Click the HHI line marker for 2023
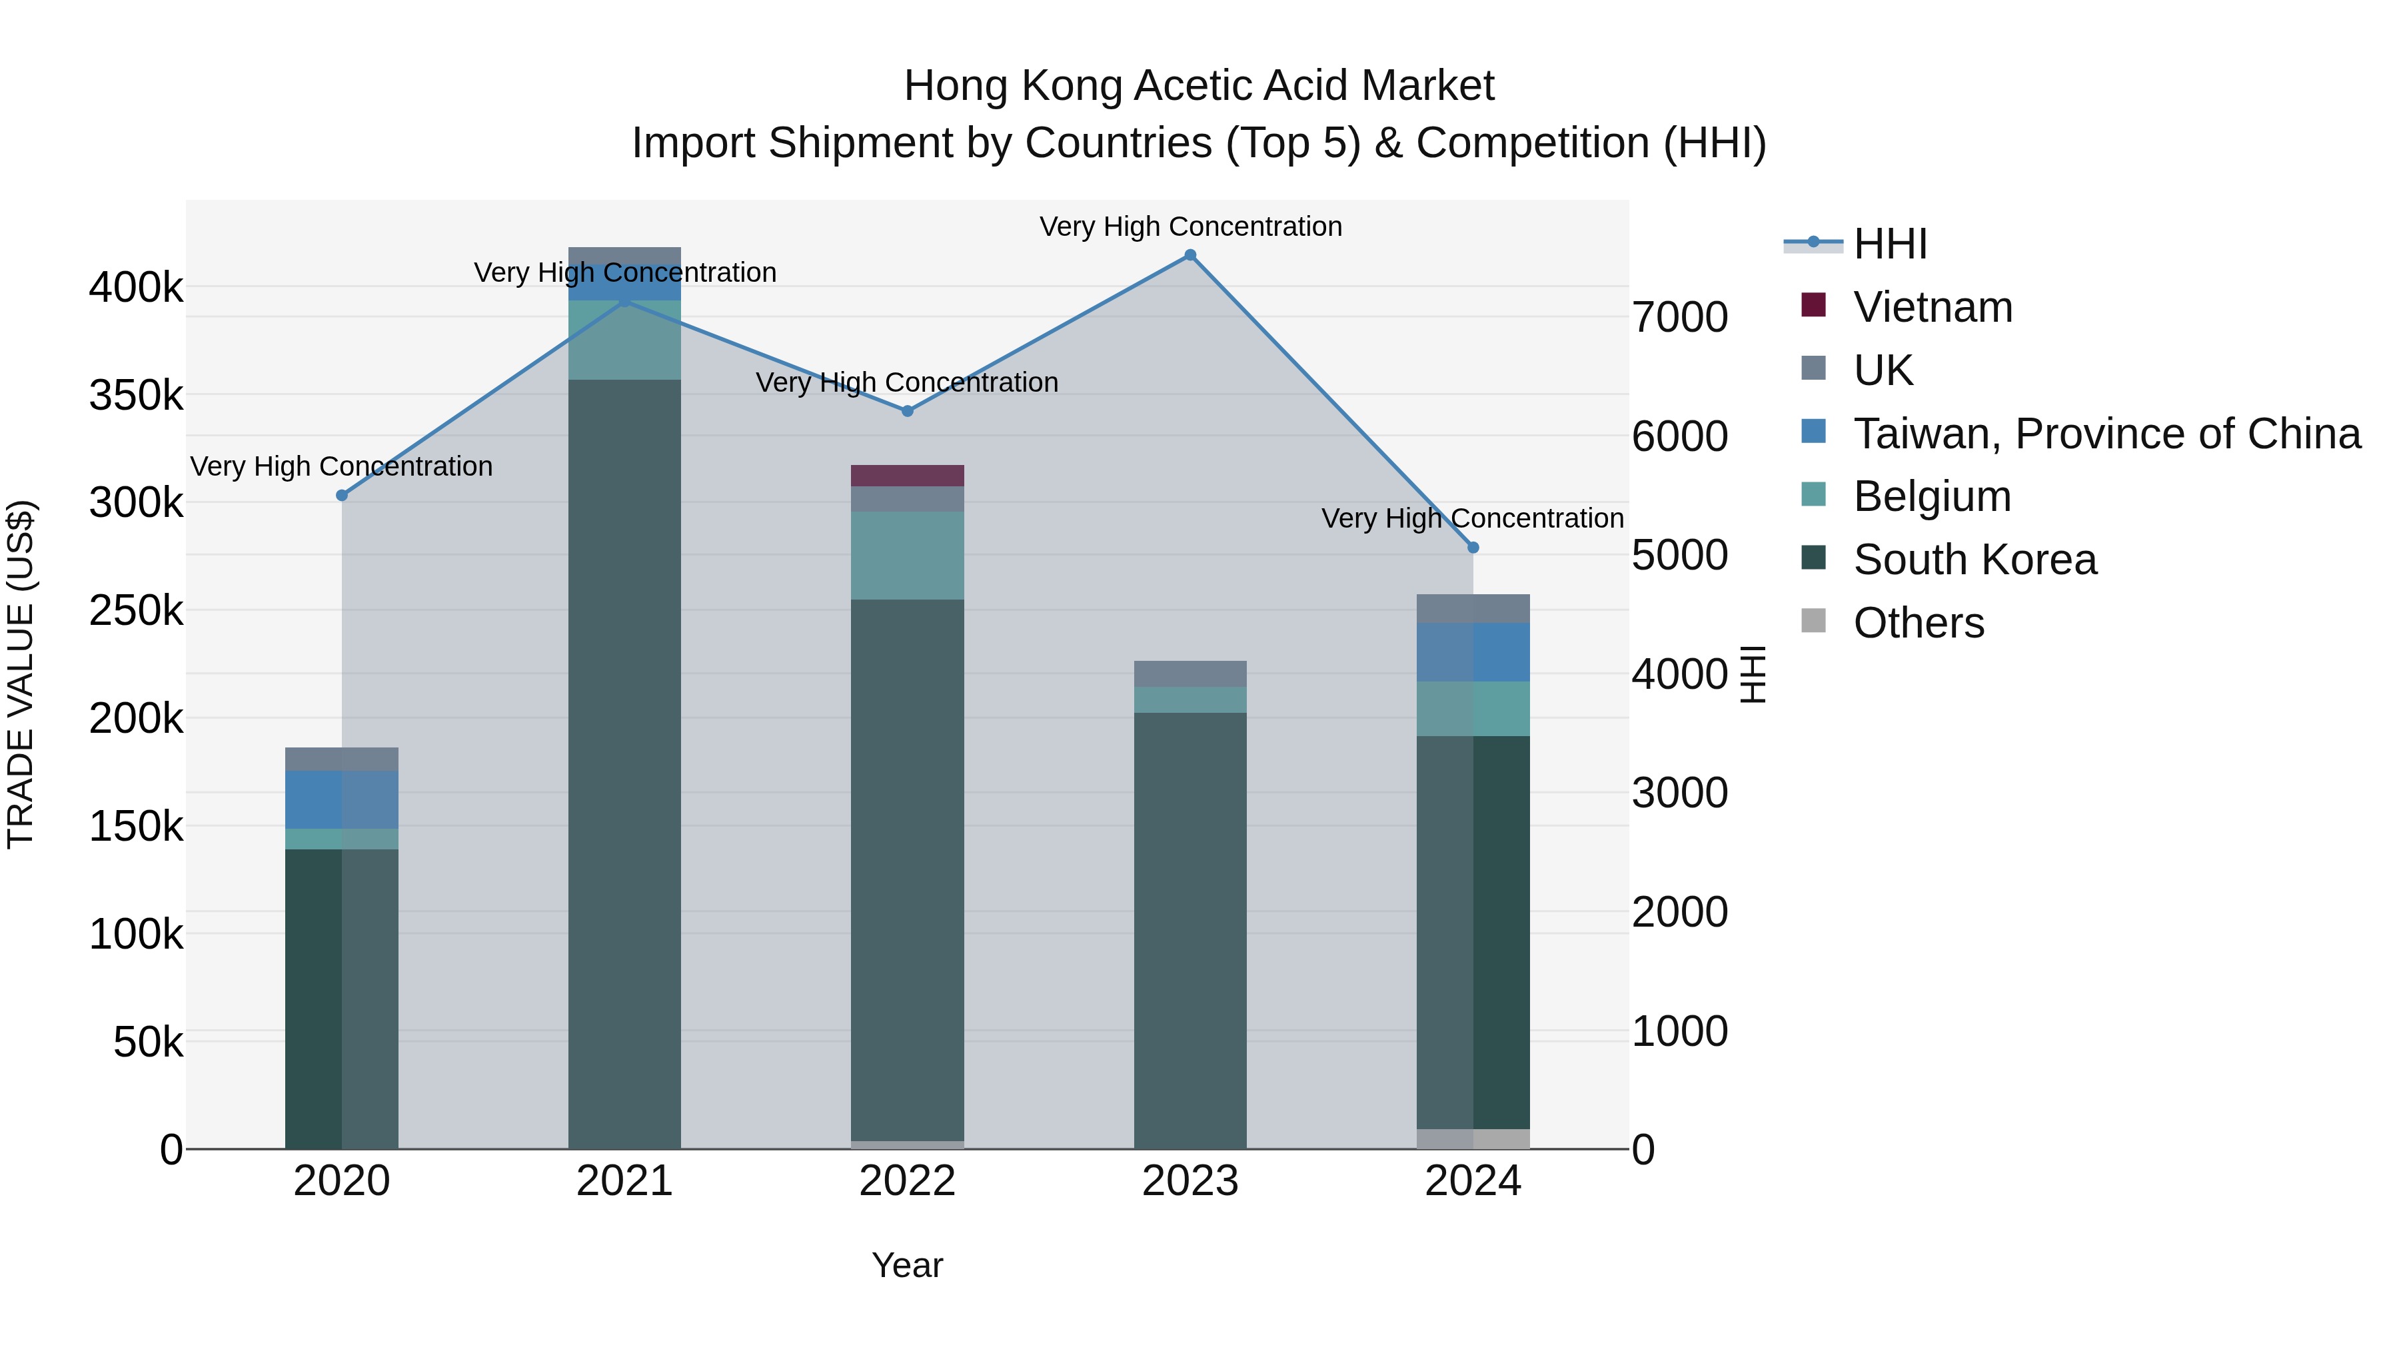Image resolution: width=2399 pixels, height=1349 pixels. click(x=1190, y=255)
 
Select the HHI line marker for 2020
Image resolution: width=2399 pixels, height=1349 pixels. click(x=342, y=495)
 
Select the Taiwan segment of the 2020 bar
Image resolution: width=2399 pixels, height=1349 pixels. click(x=342, y=799)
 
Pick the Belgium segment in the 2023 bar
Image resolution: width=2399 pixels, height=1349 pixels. click(x=1190, y=700)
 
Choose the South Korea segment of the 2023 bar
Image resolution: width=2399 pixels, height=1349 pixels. click(x=1190, y=931)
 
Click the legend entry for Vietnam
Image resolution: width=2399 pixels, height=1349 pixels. click(x=1933, y=307)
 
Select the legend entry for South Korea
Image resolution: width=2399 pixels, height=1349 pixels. click(x=1975, y=560)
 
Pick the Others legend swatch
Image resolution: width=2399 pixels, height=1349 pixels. click(x=1813, y=621)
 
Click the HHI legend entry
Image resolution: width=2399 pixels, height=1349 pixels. click(x=1890, y=244)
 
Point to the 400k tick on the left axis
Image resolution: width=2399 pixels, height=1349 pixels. click(x=136, y=288)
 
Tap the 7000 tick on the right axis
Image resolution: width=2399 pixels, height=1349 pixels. click(x=1680, y=318)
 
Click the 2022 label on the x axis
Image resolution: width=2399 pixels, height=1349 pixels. click(x=907, y=1181)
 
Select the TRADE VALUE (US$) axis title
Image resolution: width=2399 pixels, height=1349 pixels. click(x=21, y=674)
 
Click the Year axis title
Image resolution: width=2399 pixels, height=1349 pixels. click(x=907, y=1265)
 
